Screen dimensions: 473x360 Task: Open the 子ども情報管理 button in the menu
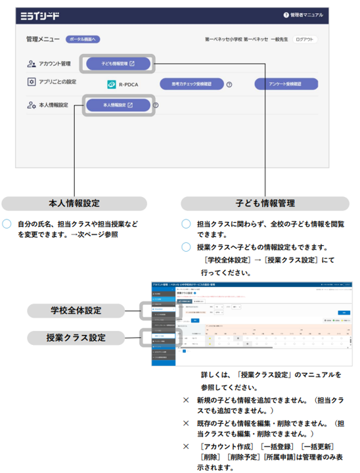click(118, 64)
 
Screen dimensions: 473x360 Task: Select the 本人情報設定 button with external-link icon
click(118, 105)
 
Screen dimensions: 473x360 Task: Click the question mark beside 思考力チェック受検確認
click(229, 85)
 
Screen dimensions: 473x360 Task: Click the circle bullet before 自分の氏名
click(7, 224)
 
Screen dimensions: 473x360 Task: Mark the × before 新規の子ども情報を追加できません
click(186, 399)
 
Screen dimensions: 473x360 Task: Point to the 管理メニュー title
click(43, 39)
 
